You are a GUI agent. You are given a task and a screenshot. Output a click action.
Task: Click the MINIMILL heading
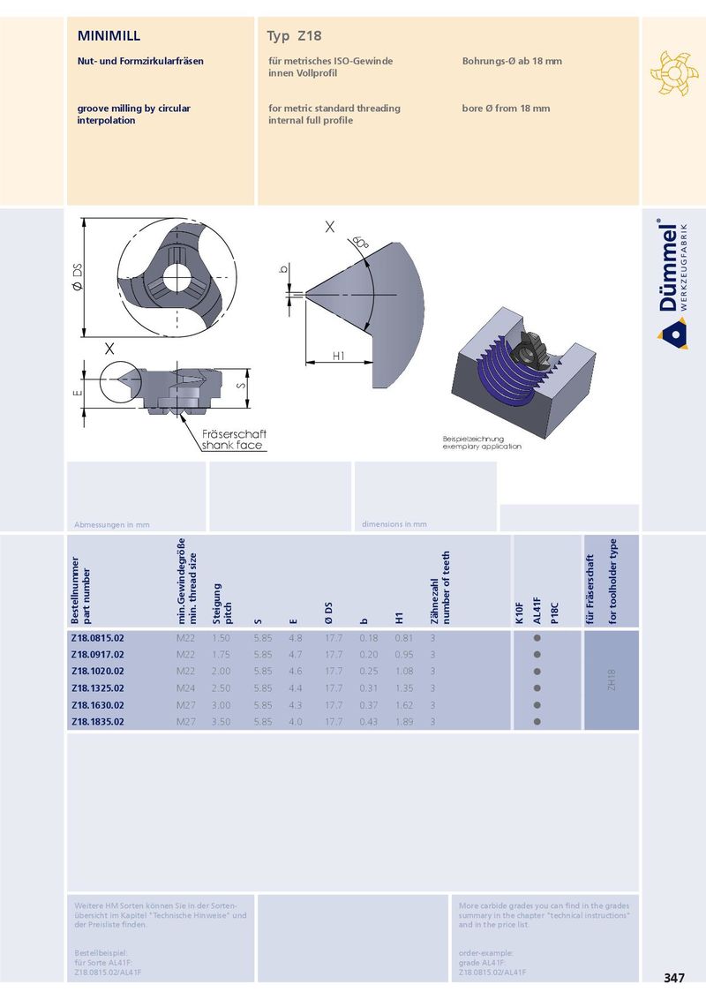tap(109, 35)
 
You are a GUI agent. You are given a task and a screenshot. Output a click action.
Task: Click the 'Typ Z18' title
tap(294, 36)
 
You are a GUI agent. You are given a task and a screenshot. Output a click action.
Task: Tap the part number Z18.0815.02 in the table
tap(97, 638)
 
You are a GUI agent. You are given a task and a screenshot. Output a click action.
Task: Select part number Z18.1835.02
tap(97, 722)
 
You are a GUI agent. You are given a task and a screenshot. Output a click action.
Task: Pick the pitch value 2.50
tap(222, 688)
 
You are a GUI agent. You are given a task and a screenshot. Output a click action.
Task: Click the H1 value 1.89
tap(404, 722)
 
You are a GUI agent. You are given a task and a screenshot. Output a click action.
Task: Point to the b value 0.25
tap(368, 672)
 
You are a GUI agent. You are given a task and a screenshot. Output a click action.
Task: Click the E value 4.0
tap(295, 722)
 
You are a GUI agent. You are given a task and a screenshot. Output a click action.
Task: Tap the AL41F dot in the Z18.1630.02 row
tap(537, 705)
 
